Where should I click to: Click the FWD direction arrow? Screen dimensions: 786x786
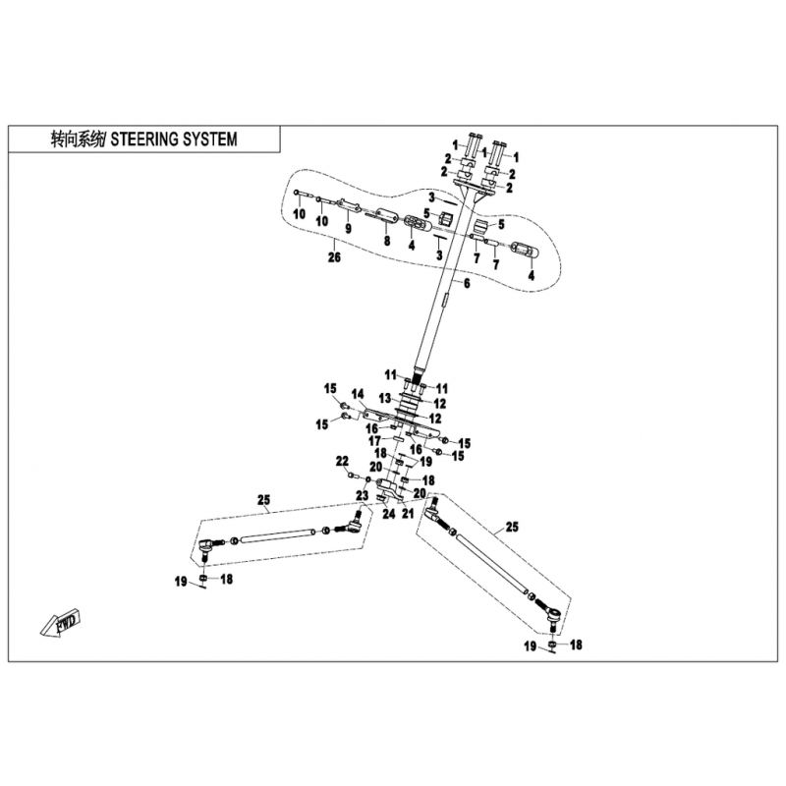coord(61,623)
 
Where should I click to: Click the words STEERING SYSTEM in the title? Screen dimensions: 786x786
coord(174,140)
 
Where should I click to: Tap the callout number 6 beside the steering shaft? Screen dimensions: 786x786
coord(467,284)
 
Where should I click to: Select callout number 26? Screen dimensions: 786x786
coord(334,257)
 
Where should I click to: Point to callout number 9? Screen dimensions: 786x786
coord(348,229)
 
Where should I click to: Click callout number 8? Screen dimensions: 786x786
coord(387,241)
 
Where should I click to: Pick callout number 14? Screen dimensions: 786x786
coord(358,394)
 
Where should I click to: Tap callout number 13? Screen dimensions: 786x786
coord(385,399)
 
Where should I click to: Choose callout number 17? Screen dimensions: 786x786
coord(375,441)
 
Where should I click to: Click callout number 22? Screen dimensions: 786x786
coord(342,461)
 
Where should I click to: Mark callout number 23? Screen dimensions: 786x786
coord(363,496)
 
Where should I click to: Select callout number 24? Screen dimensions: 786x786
coord(389,514)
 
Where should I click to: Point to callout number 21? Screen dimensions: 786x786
coord(408,513)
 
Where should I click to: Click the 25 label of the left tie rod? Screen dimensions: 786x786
coord(263,500)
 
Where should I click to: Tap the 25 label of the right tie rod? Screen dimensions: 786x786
coord(512,527)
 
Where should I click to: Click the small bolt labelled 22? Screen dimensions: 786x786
coord(351,475)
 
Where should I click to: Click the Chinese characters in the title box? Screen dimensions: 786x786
coord(79,140)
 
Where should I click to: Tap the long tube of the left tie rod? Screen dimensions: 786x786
coord(279,534)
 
